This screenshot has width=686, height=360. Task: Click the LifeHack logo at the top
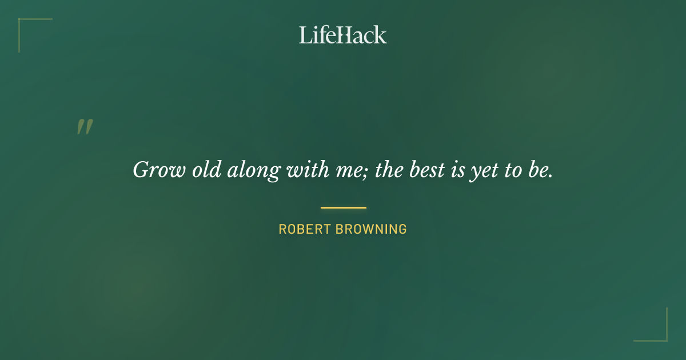pos(343,35)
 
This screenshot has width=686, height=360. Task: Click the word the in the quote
pos(389,169)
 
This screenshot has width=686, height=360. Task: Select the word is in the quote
pos(457,169)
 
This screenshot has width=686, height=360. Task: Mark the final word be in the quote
pos(540,169)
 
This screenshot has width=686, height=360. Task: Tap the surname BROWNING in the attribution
pos(371,230)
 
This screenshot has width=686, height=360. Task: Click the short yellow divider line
pos(343,207)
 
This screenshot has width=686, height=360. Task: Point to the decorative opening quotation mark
pos(85,127)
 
